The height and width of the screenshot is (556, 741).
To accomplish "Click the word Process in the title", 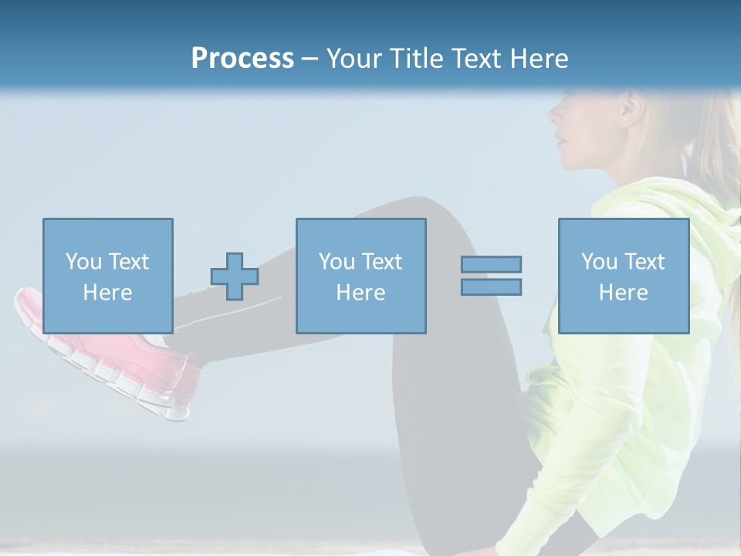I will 242,59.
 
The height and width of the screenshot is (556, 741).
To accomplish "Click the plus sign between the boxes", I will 235,276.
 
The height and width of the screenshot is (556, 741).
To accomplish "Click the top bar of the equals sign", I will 491,264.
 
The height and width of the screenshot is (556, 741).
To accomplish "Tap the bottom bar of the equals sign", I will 491,287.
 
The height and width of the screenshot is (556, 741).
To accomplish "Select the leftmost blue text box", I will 107,276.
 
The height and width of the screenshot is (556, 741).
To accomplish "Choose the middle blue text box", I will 360,276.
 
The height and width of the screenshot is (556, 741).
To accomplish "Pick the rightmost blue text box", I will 623,276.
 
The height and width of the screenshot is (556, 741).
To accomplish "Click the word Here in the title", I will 538,59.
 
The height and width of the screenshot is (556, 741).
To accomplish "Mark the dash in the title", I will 310,59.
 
